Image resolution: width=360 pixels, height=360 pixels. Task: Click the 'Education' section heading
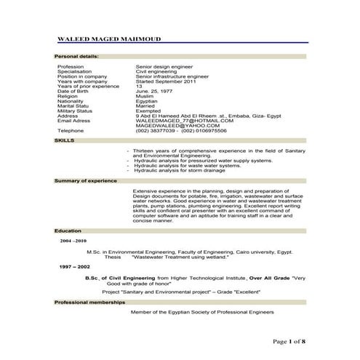tap(68, 230)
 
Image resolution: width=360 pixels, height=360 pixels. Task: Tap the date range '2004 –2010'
tap(73, 239)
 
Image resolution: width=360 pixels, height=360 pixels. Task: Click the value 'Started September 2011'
tap(164, 81)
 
